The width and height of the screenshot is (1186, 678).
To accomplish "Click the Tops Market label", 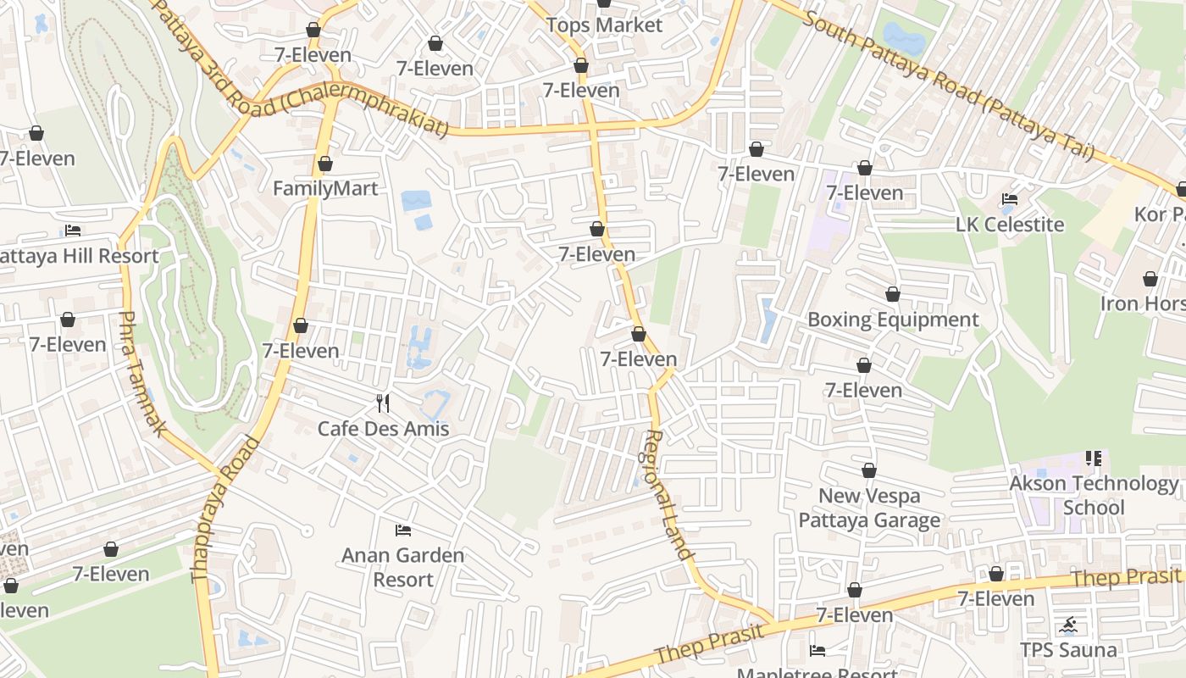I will coord(604,25).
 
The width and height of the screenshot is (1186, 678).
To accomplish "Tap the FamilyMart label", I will coord(325,188).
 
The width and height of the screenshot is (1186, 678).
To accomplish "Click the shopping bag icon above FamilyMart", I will coord(325,164).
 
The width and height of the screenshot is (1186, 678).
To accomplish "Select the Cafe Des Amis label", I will coord(383,429).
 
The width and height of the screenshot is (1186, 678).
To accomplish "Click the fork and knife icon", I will coord(383,403).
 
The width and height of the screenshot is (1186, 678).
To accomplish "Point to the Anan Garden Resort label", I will coord(403,568).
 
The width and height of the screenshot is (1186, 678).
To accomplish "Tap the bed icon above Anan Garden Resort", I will coord(403,531).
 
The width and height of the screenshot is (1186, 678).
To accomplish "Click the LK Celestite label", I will coord(1010,225).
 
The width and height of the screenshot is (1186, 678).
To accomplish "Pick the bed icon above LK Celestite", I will coord(1010,200).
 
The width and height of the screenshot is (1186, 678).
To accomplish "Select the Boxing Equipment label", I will coord(893,320).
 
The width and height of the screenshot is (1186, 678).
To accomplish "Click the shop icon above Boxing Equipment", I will coord(893,295).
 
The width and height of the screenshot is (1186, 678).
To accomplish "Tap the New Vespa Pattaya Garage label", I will coord(869,508).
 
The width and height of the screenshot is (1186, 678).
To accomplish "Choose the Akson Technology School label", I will coord(1094,496).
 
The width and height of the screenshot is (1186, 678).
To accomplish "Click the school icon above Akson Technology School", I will coord(1094,458).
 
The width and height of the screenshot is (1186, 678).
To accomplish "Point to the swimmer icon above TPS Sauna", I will coord(1068,626).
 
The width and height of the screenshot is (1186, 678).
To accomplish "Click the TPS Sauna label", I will coord(1068,651).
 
